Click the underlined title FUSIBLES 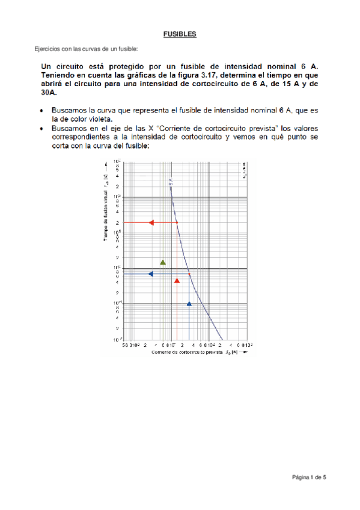point(180,35)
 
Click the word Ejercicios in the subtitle point(46,48)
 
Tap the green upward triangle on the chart point(163,262)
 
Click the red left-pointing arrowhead point(151,223)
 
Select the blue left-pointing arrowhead point(151,274)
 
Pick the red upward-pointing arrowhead point(177,280)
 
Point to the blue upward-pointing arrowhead point(189,304)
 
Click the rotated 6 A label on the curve point(172,180)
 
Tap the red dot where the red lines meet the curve point(177,223)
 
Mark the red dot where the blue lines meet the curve point(189,274)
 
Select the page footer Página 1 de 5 point(309,478)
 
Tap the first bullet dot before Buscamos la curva point(40,111)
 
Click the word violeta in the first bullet point(100,119)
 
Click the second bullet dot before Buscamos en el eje point(40,128)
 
